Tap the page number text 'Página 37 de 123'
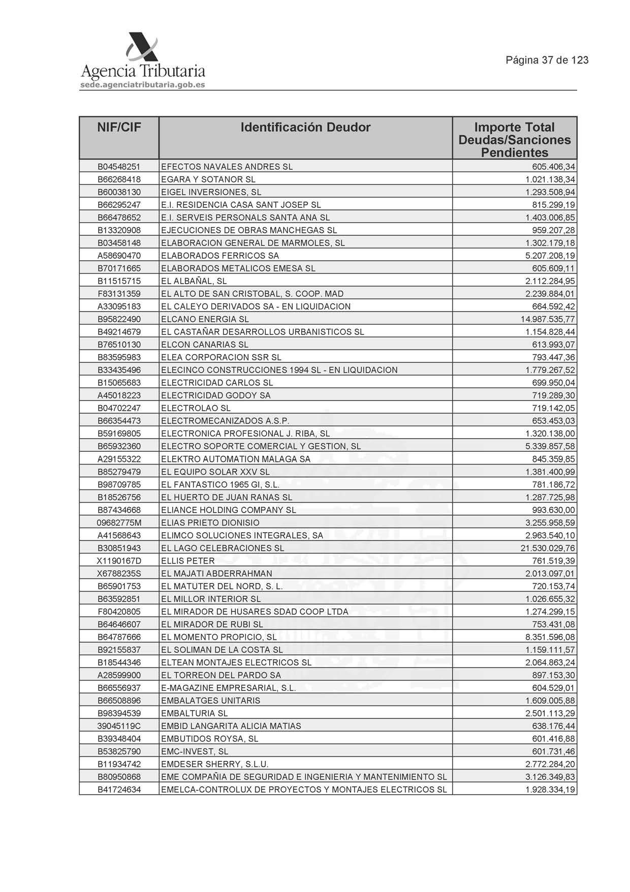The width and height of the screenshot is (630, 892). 547,60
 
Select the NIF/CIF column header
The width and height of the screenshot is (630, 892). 119,128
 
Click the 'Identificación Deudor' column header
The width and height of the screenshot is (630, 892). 305,128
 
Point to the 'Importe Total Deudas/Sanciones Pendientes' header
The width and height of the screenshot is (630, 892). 514,140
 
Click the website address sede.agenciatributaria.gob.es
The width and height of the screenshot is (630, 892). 143,85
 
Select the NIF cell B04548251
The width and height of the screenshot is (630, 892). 119,167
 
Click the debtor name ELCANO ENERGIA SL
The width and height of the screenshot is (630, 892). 205,319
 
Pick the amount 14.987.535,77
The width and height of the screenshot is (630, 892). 548,319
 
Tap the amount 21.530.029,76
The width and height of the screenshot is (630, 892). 548,548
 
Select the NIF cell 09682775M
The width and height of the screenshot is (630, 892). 119,522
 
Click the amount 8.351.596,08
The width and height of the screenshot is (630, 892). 550,637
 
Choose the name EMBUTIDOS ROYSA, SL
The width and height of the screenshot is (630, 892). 209,739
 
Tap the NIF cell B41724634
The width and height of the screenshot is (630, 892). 119,790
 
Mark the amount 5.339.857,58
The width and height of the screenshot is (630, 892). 550,446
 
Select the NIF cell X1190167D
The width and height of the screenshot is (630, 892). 119,561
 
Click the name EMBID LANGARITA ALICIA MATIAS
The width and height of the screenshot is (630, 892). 231,726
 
